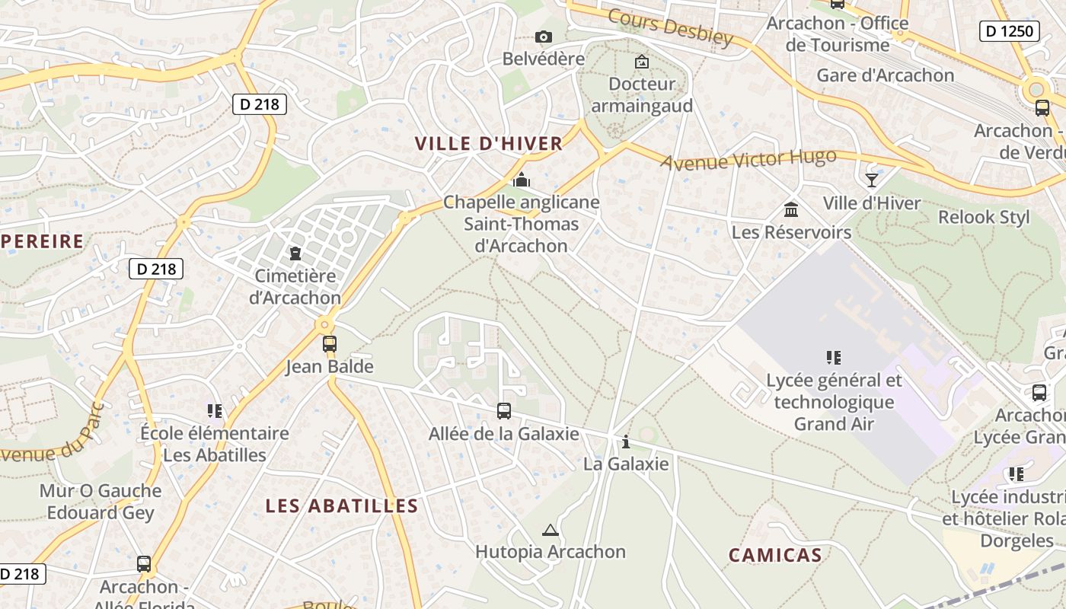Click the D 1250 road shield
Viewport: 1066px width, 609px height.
point(1009,31)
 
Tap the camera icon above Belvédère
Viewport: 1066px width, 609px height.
point(543,37)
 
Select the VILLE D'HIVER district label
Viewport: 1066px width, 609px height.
point(488,143)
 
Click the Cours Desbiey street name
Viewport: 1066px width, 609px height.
point(670,27)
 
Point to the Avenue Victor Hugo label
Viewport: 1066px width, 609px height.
point(748,160)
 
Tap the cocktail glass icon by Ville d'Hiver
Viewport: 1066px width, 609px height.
point(872,180)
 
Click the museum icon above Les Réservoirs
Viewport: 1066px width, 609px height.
point(791,209)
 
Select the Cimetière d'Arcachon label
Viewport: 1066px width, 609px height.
point(295,286)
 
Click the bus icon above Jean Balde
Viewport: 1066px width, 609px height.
point(329,343)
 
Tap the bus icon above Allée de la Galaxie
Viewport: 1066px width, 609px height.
point(503,411)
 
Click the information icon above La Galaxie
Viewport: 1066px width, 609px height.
point(626,442)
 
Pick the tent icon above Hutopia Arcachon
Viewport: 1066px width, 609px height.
point(550,530)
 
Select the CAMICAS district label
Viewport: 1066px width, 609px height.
point(775,555)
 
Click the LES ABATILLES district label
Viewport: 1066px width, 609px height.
point(342,506)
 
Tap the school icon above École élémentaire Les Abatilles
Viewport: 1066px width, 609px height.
point(215,411)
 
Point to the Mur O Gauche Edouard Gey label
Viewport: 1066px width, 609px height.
point(101,502)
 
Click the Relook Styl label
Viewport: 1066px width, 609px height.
point(983,217)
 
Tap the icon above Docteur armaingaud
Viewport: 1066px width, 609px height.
point(642,62)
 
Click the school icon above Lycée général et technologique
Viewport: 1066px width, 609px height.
point(834,357)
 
